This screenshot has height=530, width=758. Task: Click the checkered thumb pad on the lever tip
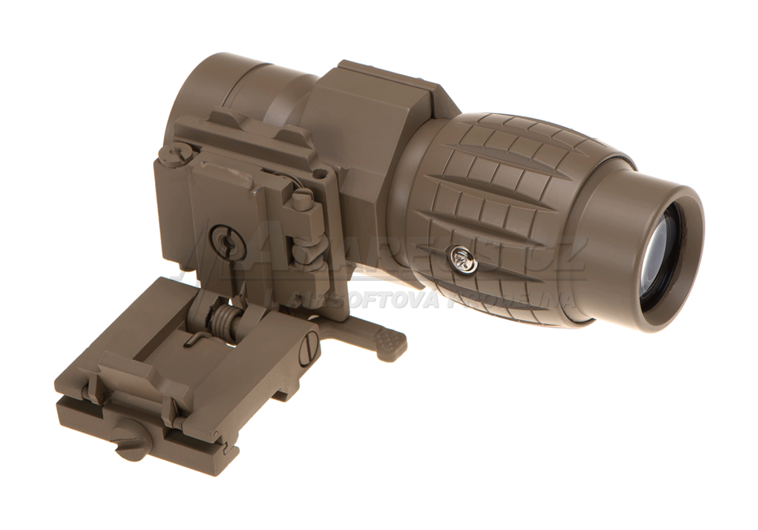(390, 341)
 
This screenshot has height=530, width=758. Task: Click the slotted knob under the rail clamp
(130, 440)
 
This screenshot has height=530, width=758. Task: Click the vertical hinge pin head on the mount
(303, 199)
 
